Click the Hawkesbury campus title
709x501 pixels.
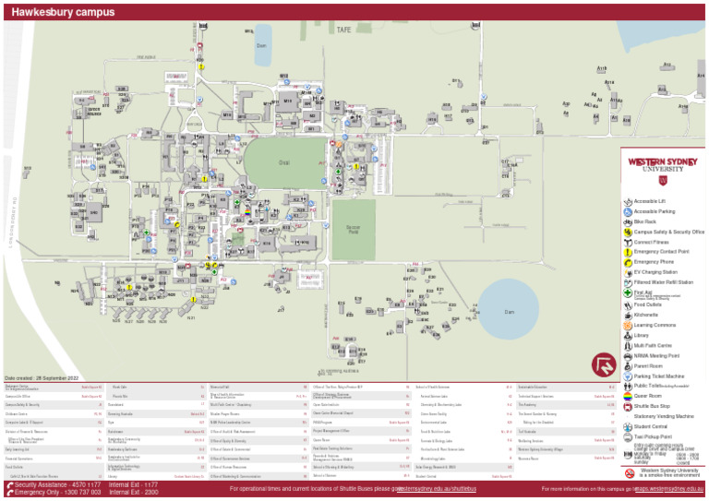point(64,12)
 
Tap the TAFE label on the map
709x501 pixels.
point(343,30)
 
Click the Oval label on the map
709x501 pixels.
point(283,163)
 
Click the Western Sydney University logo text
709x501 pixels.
point(656,164)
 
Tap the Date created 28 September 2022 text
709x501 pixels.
point(42,378)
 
